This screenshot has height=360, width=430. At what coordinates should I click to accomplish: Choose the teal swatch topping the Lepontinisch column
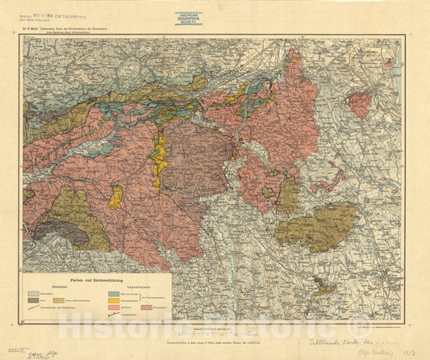point(112,293)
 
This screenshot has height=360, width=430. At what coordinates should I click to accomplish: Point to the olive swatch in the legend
point(58,300)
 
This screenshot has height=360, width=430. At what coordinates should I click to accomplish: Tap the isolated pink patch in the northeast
point(360,103)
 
